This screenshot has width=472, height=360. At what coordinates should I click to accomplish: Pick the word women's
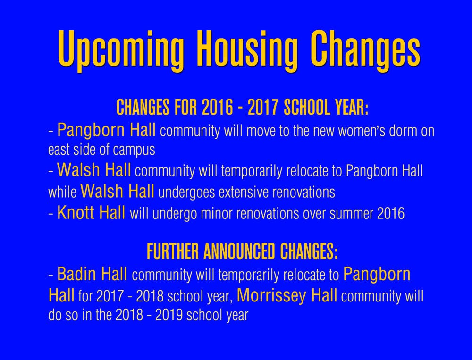click(x=362, y=131)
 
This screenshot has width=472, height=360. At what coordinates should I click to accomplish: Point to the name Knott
click(x=76, y=212)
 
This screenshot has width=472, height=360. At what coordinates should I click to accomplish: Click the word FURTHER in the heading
click(x=173, y=251)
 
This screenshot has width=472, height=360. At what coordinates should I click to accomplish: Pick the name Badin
click(x=76, y=274)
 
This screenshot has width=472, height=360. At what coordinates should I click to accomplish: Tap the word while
click(x=62, y=192)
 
